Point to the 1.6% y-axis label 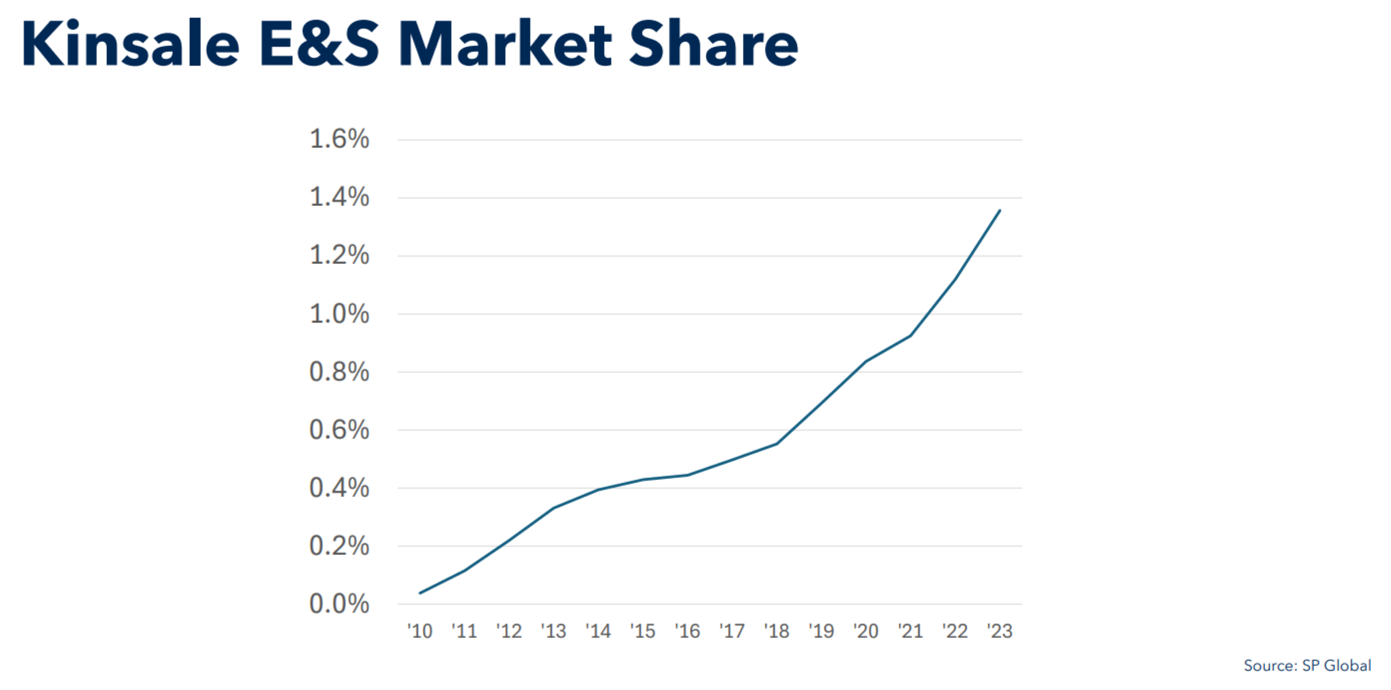click(339, 139)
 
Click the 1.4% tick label click(339, 197)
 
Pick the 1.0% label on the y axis click(339, 314)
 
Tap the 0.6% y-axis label click(339, 430)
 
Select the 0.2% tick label click(339, 546)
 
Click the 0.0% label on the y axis click(339, 604)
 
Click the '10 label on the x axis click(420, 631)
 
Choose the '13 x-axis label click(554, 631)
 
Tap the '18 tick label click(777, 631)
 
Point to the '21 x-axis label click(911, 631)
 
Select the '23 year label click(1000, 631)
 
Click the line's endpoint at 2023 click(1000, 211)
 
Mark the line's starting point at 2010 click(421, 593)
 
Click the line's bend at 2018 click(777, 443)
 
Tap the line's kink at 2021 click(911, 336)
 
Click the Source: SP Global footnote click(1307, 665)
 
